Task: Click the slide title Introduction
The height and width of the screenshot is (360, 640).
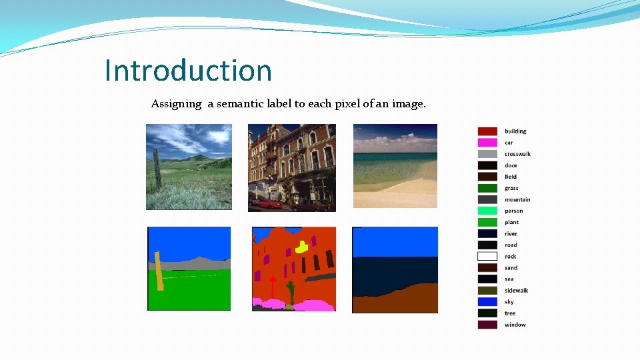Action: tap(189, 71)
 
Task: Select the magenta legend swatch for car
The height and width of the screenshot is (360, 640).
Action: tap(487, 143)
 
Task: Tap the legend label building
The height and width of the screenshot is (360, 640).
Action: tap(515, 131)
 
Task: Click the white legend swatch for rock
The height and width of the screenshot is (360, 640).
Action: tap(487, 256)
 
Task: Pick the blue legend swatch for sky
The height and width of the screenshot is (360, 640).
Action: tap(487, 301)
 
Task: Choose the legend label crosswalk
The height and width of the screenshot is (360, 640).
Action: tap(517, 154)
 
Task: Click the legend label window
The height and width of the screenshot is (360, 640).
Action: tap(515, 325)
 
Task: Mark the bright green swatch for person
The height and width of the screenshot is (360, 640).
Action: tap(487, 211)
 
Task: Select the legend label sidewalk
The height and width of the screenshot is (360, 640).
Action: tap(517, 291)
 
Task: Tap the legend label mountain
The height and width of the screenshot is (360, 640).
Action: tap(517, 199)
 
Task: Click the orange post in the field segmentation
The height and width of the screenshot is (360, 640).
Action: tap(159, 271)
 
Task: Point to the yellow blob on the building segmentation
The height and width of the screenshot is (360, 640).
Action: tap(301, 247)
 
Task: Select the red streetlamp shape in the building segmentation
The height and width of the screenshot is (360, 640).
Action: tap(272, 287)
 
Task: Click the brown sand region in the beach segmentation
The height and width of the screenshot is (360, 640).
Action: tap(400, 301)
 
